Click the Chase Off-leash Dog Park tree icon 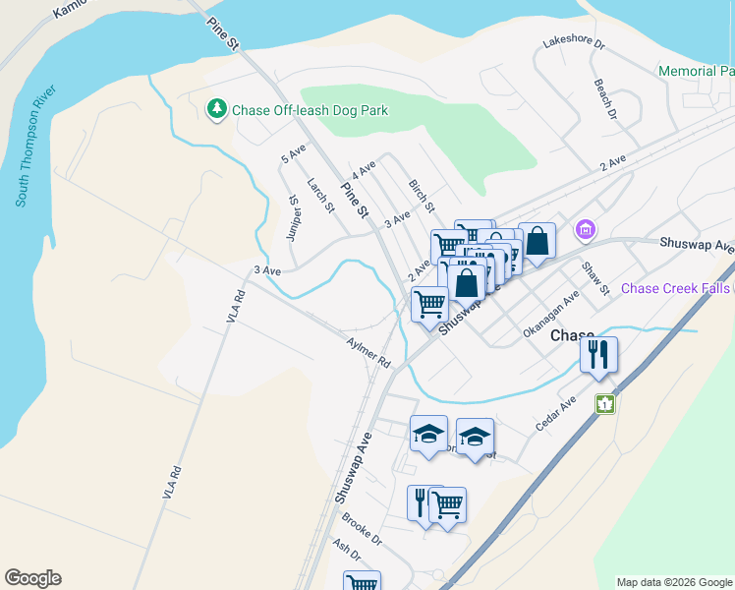point(216,109)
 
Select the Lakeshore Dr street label point(575,44)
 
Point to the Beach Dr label point(604,99)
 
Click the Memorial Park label point(696,72)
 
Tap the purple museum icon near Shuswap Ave point(587,229)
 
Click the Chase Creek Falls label point(677,288)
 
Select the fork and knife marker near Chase point(598,354)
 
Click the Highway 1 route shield point(604,403)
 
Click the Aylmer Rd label point(368,353)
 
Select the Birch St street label point(421,195)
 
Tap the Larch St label point(320,195)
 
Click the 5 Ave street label point(294,153)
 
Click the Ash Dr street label point(347,553)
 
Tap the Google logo point(32,578)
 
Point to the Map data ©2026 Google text point(673,582)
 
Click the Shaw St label point(595,277)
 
